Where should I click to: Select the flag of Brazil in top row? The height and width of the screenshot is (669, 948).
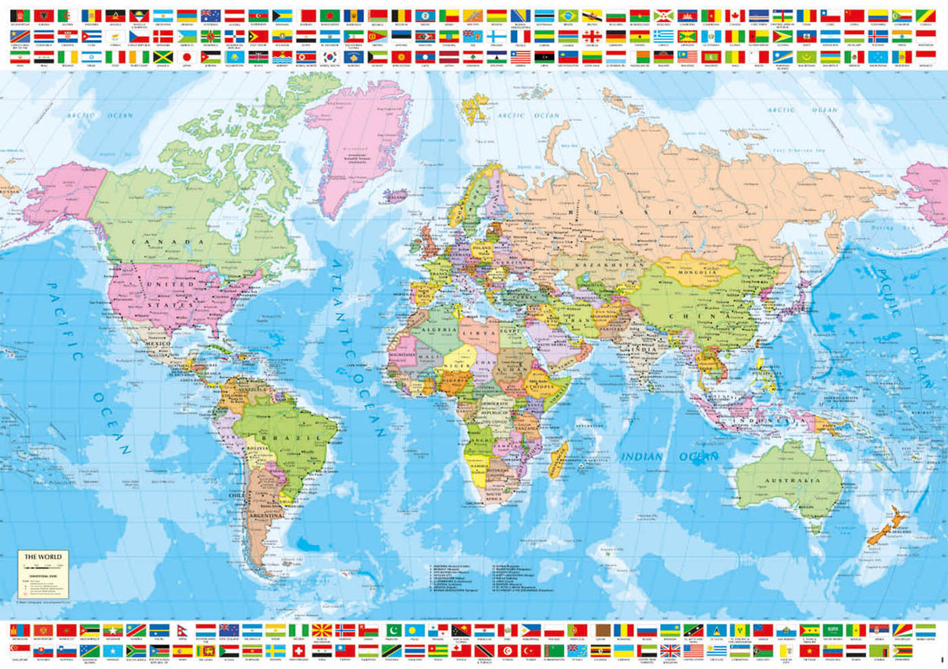pyautogui.click(x=568, y=16)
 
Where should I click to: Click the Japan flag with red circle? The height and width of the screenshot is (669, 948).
pyautogui.click(x=186, y=57)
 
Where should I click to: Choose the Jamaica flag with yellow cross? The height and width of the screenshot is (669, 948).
pyautogui.click(x=162, y=57)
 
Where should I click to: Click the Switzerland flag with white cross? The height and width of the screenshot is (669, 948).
pyautogui.click(x=298, y=649)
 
